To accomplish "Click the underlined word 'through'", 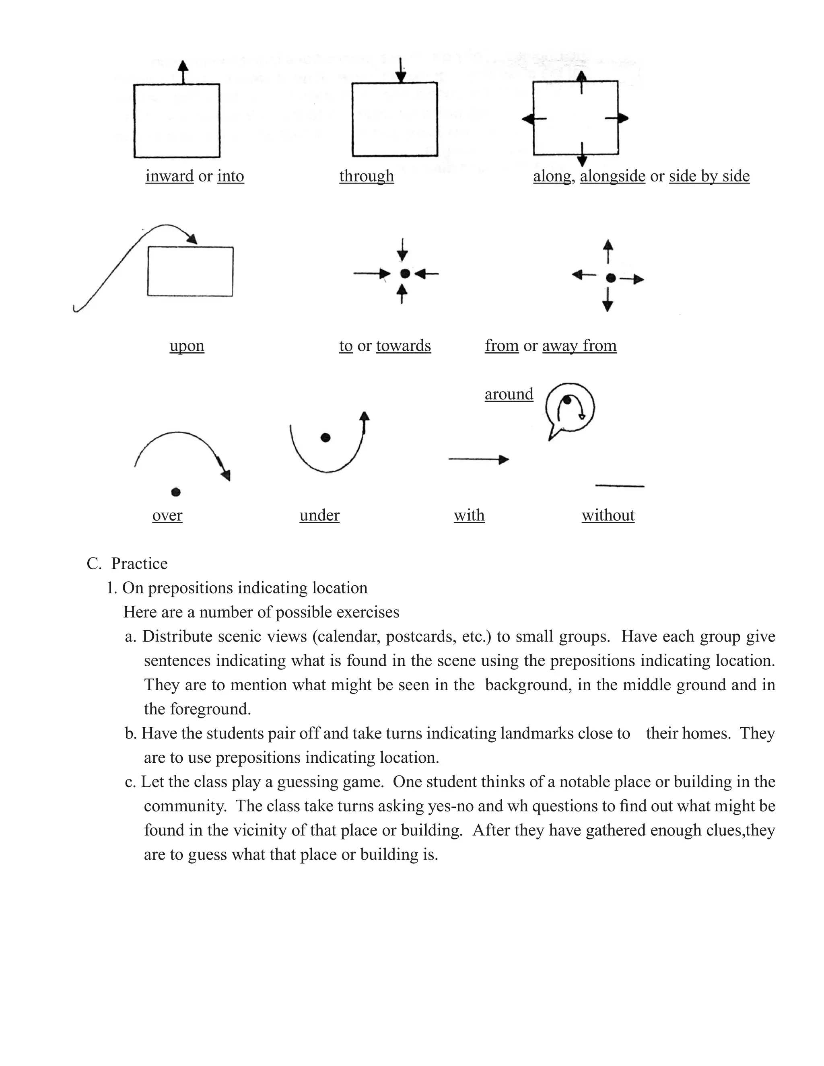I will tap(366, 176).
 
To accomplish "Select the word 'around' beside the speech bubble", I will tap(509, 394).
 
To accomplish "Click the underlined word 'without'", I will tap(608, 515).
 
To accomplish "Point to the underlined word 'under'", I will tap(319, 515).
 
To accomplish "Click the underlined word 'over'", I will tap(167, 515).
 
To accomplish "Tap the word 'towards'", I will tap(403, 346).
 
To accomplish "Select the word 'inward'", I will tap(169, 176).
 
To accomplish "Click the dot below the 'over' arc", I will tap(176, 492).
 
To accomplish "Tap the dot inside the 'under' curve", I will tap(325, 438).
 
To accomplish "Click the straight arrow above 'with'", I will tap(478, 459).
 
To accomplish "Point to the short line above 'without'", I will tap(620, 486).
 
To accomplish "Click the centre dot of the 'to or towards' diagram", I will tap(405, 274).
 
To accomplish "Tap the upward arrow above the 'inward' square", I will tap(183, 72).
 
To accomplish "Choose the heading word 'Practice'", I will tap(139, 564).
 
